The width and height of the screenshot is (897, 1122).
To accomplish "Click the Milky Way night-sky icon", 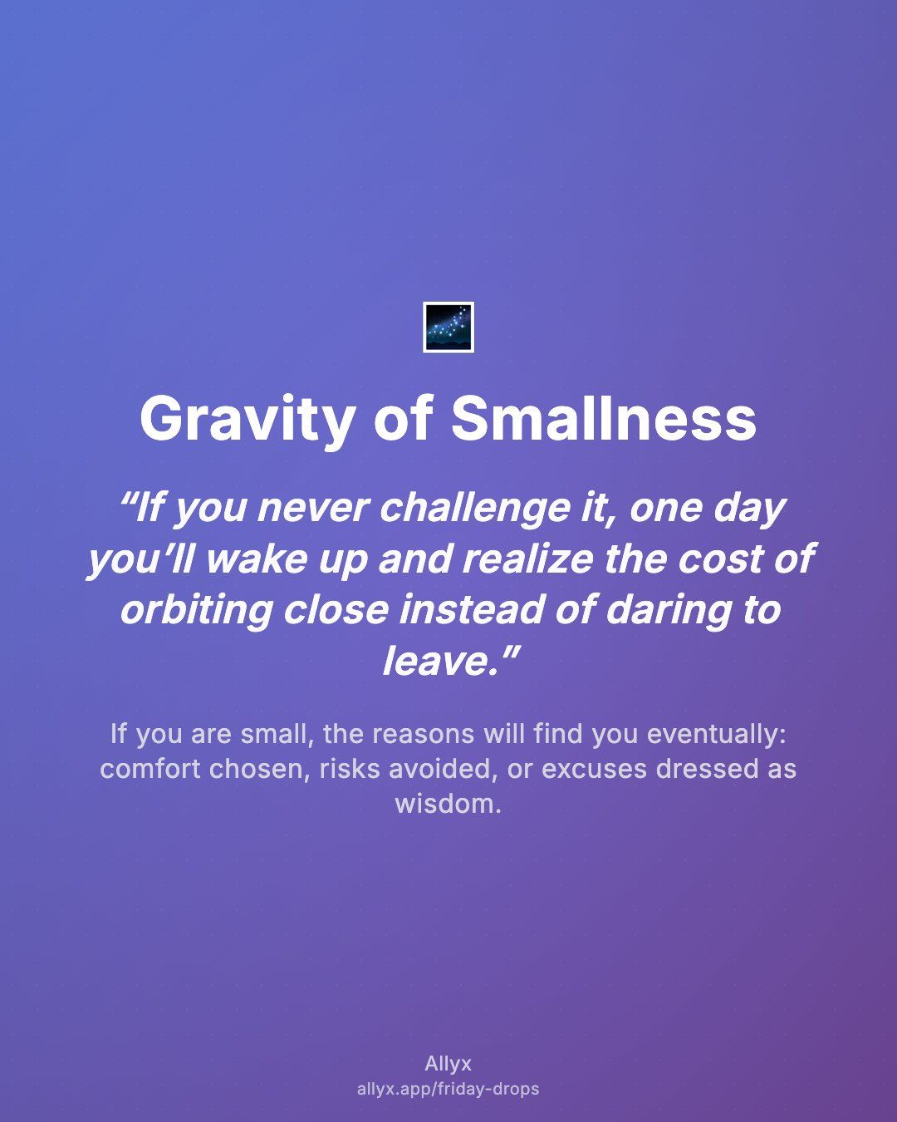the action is click(448, 327).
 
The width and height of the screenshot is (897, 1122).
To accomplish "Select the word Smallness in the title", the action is click(604, 418).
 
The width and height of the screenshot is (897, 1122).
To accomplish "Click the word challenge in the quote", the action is click(474, 509).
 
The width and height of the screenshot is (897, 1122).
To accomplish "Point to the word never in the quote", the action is click(312, 509).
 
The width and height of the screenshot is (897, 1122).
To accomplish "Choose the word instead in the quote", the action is click(473, 610).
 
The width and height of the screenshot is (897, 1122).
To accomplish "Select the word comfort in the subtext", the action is click(150, 769).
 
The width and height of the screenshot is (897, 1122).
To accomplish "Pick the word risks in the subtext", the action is click(350, 769).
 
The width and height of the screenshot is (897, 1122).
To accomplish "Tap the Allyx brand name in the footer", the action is click(448, 1063).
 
